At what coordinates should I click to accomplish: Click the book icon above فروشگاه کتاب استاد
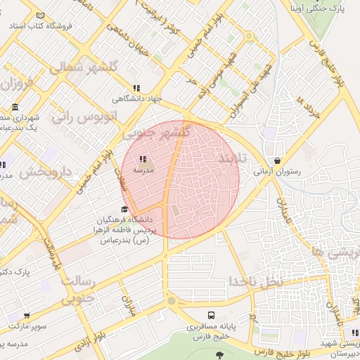point(40,15)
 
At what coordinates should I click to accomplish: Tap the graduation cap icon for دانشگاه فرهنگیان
point(125,209)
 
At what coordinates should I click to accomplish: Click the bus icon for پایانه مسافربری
point(211,315)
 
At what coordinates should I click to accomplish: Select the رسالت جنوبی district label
point(77,289)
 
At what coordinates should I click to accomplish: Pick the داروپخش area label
point(45,172)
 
